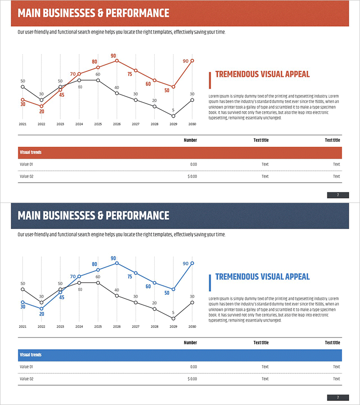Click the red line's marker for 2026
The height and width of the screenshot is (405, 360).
(x=117, y=60)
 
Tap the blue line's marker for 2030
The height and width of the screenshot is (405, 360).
(x=192, y=263)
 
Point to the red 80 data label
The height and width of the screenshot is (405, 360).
(x=94, y=62)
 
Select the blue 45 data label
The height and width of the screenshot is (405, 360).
(x=62, y=297)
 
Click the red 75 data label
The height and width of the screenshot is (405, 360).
(x=130, y=74)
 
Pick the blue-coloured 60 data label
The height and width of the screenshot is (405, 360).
(x=148, y=286)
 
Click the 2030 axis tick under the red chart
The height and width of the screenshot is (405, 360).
(x=192, y=124)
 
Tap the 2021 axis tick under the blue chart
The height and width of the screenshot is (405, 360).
(x=22, y=327)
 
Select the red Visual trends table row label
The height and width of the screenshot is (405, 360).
(x=31, y=153)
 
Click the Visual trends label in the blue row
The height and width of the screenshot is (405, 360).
(x=31, y=355)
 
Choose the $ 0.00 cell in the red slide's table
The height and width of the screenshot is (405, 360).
(x=192, y=176)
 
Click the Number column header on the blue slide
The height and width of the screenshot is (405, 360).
(x=190, y=343)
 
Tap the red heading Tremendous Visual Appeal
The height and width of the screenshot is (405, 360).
(x=262, y=74)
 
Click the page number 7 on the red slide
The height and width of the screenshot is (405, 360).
(x=338, y=195)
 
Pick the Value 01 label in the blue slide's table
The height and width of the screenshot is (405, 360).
(x=27, y=367)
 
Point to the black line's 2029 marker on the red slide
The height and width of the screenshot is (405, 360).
(x=173, y=116)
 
